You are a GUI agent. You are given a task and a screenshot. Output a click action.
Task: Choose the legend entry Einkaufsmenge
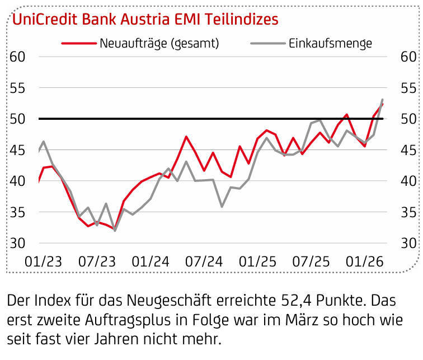[x=331, y=43]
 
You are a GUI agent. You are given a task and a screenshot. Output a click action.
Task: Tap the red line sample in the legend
[x=77, y=43]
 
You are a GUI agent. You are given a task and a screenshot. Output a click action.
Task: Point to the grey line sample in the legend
[x=267, y=43]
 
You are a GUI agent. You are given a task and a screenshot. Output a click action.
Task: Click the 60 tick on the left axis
[x=17, y=57]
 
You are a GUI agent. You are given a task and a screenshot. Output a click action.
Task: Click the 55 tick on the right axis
[x=408, y=88]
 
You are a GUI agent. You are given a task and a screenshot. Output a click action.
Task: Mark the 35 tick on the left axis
[x=17, y=212]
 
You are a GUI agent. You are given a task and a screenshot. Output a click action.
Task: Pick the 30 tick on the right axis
[x=408, y=244]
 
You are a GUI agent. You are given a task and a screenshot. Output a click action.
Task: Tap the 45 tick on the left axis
[x=17, y=150]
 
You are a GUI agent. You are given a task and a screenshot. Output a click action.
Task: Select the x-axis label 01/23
[x=43, y=261]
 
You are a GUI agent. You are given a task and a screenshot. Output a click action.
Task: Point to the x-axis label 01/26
[x=362, y=261]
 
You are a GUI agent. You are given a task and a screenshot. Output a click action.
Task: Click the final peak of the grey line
[x=382, y=100]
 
